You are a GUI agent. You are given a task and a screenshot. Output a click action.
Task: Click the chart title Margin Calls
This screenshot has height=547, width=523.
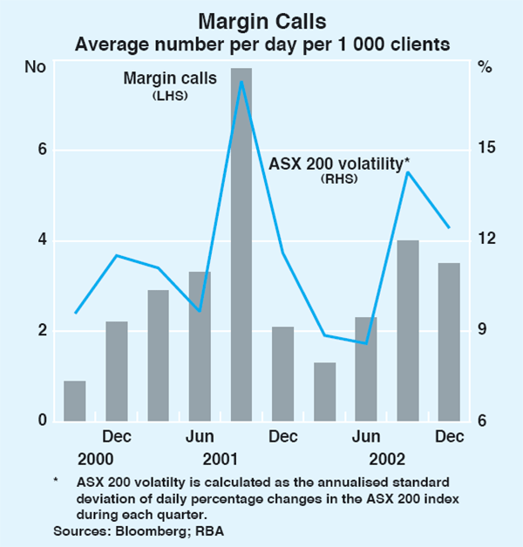click(x=261, y=19)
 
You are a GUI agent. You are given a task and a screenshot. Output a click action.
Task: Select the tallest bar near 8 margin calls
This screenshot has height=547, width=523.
click(x=241, y=244)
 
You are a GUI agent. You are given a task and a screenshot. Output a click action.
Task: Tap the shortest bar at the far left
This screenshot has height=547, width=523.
click(x=75, y=401)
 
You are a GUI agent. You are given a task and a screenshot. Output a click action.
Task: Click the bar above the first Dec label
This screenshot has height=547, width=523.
click(x=117, y=371)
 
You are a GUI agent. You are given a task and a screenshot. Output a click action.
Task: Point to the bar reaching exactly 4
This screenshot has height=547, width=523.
click(x=407, y=331)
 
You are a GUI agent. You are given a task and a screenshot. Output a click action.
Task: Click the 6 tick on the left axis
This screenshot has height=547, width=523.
click(x=41, y=150)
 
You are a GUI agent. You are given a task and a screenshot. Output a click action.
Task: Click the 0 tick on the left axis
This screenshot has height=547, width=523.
click(x=41, y=422)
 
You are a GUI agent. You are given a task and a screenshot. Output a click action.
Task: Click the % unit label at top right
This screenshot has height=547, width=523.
click(x=486, y=66)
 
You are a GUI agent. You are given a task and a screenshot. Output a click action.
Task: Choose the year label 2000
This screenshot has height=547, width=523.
click(x=96, y=458)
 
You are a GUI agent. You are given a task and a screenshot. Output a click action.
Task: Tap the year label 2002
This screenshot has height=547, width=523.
click(x=387, y=458)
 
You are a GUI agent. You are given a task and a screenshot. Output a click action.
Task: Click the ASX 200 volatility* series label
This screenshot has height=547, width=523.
click(x=338, y=163)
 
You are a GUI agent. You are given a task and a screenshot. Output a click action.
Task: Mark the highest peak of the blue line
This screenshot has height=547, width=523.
click(x=241, y=82)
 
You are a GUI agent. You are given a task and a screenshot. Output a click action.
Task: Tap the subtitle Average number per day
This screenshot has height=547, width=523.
click(x=261, y=43)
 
